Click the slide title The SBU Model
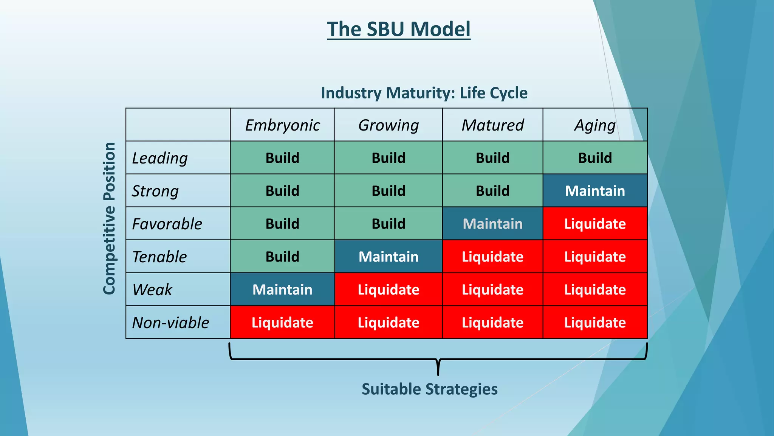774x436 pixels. tap(399, 30)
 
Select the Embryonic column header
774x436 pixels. tap(282, 125)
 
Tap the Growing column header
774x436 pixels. tap(389, 125)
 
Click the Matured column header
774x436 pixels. tap(492, 125)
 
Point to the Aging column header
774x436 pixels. tap(595, 125)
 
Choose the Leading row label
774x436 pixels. tap(160, 158)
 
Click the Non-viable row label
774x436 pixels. tap(170, 322)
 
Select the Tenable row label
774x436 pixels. tap(159, 257)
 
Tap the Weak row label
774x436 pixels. tap(152, 290)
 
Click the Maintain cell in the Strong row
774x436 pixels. tap(595, 191)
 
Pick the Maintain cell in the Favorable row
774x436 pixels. tap(492, 224)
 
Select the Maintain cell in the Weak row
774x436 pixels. tap(282, 290)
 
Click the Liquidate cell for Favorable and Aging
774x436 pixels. tap(595, 224)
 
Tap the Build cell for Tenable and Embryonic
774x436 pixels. tap(282, 257)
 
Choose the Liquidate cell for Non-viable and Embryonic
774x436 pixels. tap(282, 322)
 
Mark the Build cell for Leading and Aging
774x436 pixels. tap(595, 158)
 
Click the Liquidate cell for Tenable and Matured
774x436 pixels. tap(492, 257)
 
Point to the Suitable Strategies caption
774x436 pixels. tap(429, 389)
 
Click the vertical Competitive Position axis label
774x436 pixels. tap(109, 218)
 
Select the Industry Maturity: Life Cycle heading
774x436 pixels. tap(424, 93)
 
